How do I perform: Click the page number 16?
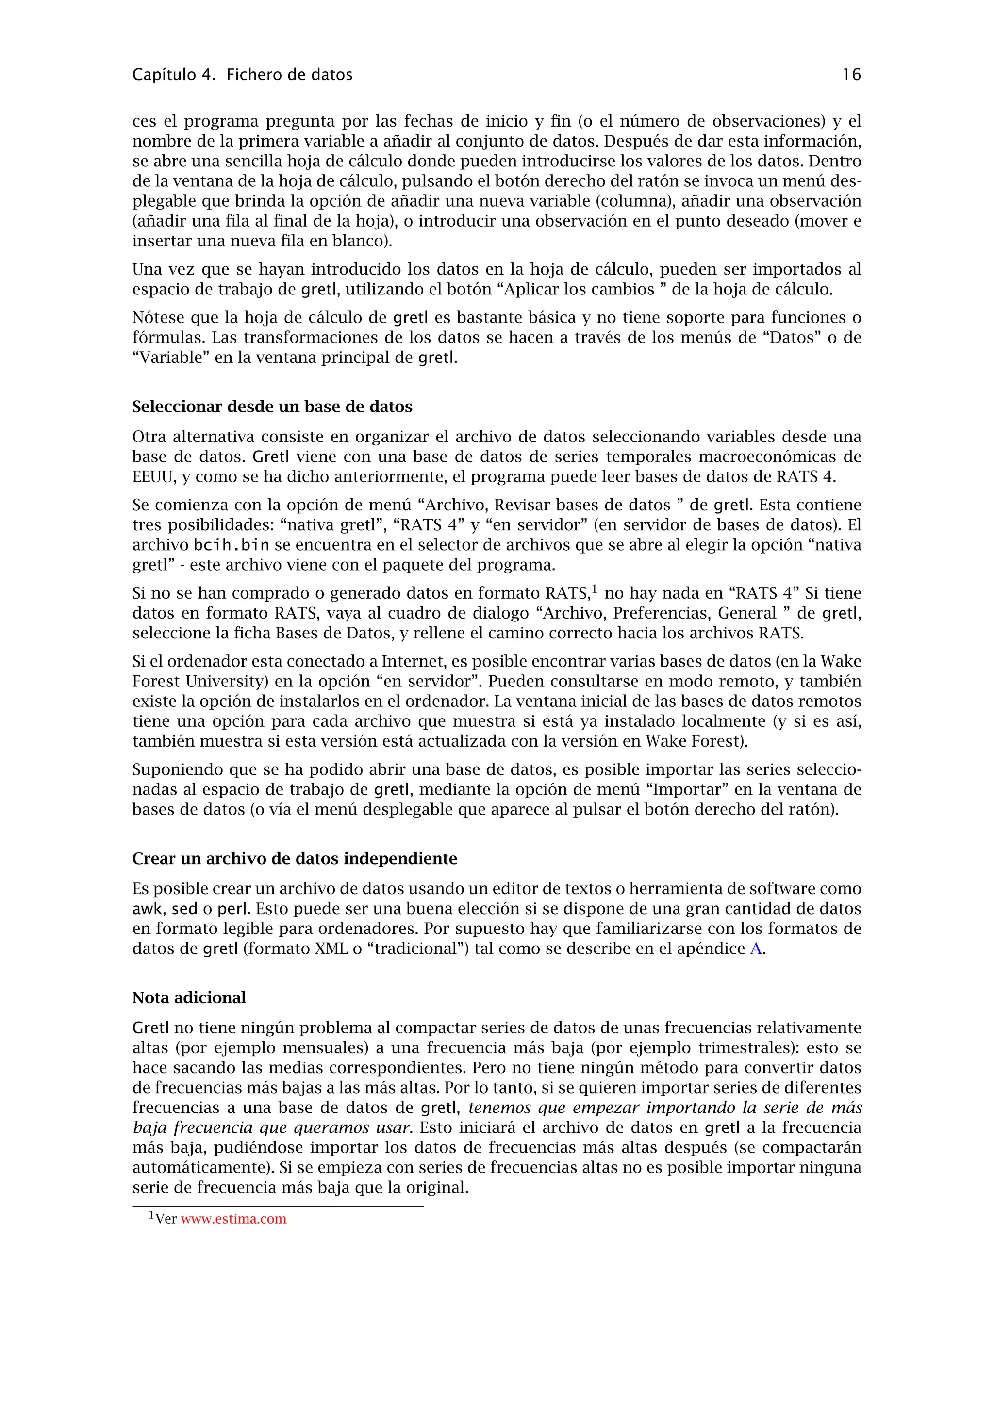(x=851, y=75)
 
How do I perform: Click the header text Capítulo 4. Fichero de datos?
(x=242, y=75)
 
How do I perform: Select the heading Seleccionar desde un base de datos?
(x=272, y=407)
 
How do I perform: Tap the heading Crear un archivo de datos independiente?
(x=295, y=859)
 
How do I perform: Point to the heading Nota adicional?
(x=189, y=997)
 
